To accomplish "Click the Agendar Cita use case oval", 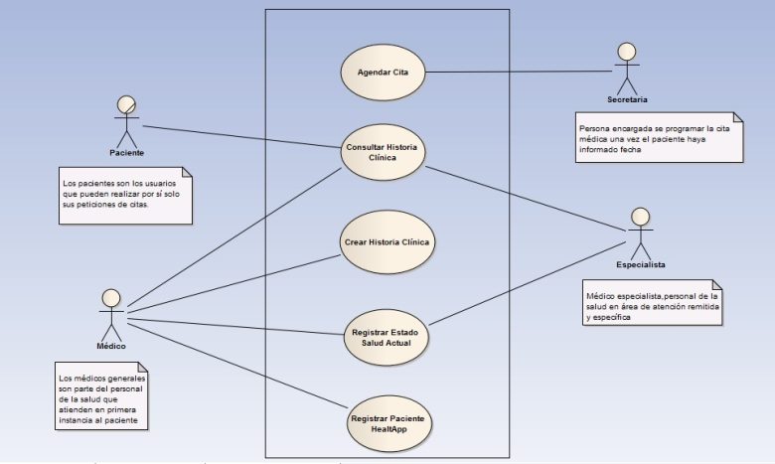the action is (x=384, y=73).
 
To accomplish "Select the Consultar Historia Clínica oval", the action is (x=384, y=152).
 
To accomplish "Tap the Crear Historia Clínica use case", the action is (x=387, y=242).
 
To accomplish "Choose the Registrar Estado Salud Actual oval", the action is (x=387, y=338).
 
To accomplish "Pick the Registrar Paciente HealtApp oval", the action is (x=388, y=424).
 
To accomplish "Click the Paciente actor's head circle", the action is (x=126, y=104).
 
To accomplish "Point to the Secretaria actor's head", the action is (x=627, y=52).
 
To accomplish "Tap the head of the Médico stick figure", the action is (x=111, y=298).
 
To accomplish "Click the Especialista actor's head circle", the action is (x=641, y=217).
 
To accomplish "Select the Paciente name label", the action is (x=126, y=153).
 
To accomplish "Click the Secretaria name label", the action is (x=627, y=99).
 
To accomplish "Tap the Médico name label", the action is (x=111, y=347).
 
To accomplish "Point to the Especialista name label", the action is (x=641, y=265).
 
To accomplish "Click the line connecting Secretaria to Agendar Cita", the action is (x=519, y=72).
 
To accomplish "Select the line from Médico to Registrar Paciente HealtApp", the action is (x=237, y=366).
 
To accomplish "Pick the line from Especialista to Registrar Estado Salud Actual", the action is (x=528, y=283).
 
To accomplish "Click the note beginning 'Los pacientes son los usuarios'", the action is (x=125, y=196).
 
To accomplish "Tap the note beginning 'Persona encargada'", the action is (x=659, y=137).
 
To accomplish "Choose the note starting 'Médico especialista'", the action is (x=652, y=302).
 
